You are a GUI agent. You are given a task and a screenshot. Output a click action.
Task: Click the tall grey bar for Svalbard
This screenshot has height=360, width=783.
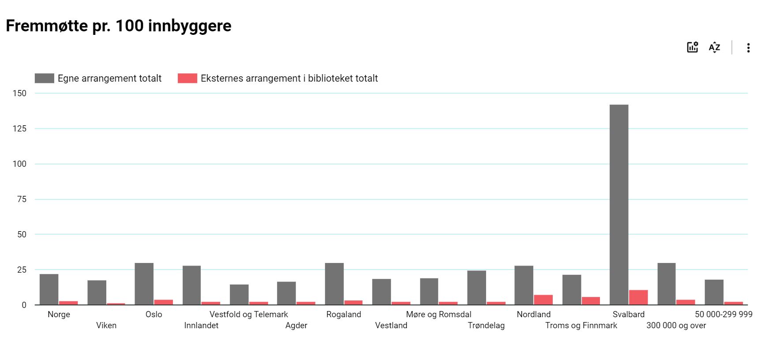[619, 205]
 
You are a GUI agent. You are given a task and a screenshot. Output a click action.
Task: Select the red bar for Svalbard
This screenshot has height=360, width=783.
[638, 297]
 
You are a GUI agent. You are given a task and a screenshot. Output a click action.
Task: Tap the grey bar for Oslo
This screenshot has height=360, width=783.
[144, 284]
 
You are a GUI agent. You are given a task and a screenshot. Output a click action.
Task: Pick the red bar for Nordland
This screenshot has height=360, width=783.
[543, 300]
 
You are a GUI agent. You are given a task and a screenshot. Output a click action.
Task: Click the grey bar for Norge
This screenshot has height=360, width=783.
[49, 289]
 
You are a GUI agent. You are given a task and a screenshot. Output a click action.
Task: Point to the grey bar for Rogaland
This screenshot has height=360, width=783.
[334, 284]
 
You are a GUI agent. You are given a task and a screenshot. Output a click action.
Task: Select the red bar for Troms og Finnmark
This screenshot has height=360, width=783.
[591, 301]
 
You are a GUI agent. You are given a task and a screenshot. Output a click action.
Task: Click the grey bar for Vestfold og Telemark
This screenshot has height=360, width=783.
[239, 295]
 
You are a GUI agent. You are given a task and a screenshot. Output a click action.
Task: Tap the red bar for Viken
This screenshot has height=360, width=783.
[116, 304]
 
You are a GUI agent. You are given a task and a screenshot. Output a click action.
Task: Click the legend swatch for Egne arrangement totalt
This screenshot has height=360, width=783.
[45, 79]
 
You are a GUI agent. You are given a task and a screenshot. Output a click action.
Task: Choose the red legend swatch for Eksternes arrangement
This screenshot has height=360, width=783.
[187, 79]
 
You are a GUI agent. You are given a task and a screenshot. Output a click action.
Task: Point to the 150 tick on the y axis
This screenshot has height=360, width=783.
[19, 93]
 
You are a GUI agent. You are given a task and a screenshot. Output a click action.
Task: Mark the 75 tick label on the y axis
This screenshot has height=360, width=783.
[22, 199]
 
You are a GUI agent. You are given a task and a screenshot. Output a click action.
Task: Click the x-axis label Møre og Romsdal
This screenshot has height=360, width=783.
[438, 315]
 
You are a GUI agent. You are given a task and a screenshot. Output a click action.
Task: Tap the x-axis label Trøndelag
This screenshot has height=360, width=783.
[486, 326]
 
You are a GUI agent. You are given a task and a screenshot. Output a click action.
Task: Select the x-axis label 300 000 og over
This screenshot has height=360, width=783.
[676, 326]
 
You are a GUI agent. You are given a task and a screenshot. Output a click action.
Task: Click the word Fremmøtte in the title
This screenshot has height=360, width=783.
[47, 26]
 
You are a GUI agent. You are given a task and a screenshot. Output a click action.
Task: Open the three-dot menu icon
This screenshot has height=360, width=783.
[748, 48]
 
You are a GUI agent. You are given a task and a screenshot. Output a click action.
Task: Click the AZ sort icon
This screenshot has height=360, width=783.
[715, 48]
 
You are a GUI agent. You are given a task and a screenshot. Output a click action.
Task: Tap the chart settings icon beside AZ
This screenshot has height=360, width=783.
[693, 47]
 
